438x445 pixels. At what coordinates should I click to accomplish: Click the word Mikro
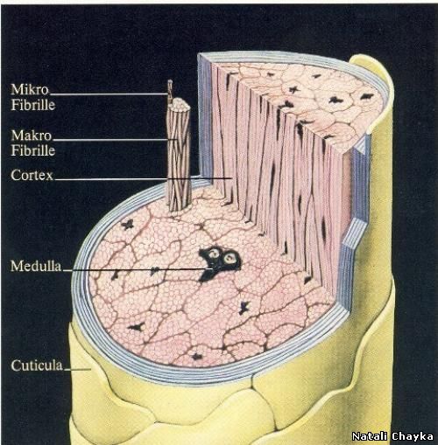point(30,89)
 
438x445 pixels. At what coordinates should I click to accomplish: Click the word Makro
point(32,136)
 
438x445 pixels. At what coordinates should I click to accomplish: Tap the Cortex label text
point(32,175)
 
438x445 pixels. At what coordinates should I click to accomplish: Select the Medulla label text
point(36,266)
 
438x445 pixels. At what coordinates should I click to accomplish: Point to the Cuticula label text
point(37,365)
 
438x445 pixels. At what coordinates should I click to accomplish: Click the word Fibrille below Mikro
point(33,105)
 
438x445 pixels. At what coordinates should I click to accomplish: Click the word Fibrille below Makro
point(33,150)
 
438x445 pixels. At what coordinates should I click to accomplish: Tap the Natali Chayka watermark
point(392,436)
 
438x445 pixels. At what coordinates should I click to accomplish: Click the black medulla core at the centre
point(220,262)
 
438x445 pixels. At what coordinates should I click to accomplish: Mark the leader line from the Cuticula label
point(77,370)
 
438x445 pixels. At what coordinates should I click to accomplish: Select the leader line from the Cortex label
point(144,178)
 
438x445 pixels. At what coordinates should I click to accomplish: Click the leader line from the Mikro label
point(109,94)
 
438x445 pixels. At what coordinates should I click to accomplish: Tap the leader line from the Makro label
point(115,140)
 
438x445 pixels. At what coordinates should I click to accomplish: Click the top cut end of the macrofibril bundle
point(179,105)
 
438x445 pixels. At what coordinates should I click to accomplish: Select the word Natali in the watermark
point(370,436)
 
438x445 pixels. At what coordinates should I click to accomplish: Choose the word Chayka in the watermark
point(413,436)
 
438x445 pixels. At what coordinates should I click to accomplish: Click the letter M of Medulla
point(16,266)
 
